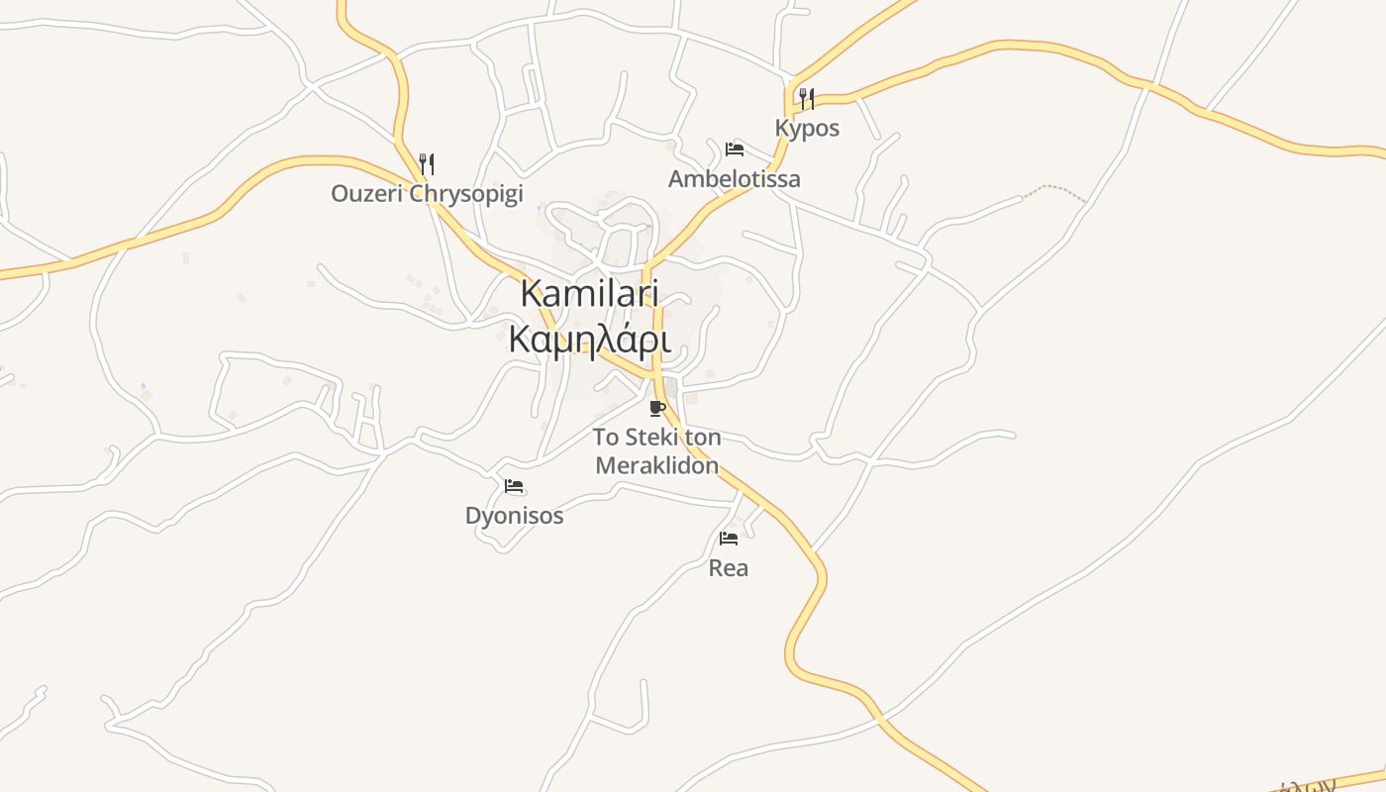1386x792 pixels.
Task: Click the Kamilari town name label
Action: pos(590,294)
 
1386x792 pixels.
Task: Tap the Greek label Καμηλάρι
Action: pos(590,339)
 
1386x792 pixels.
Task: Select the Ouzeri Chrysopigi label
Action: pos(427,193)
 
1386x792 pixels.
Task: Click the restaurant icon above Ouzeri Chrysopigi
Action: pos(427,163)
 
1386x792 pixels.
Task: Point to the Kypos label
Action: pos(807,128)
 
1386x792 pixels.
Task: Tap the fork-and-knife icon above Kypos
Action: pos(807,98)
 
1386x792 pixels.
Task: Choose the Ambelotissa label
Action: pos(734,179)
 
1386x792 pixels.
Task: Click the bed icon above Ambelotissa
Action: pos(734,149)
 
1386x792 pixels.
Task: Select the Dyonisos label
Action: pos(514,516)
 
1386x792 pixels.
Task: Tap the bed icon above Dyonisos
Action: pos(514,486)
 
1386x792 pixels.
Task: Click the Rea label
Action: pos(729,568)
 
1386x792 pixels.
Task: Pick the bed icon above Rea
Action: pos(729,539)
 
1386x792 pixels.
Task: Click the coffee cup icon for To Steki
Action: pos(656,408)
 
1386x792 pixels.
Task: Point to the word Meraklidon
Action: pos(656,465)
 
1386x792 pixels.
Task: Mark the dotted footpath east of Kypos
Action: pos(1054,189)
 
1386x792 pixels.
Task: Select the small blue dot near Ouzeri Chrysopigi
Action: pos(540,208)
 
